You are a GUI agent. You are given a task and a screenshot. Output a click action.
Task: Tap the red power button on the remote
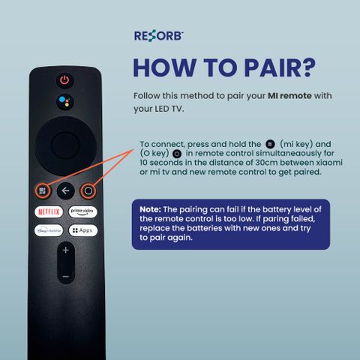(64, 80)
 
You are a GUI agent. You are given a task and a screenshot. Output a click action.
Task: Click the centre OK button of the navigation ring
(65, 145)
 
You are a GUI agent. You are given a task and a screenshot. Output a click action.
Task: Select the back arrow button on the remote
(65, 191)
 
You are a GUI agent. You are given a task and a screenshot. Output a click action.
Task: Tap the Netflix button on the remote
(49, 212)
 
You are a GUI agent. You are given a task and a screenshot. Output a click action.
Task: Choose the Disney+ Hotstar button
(49, 230)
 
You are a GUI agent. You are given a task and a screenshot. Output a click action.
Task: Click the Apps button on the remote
(83, 230)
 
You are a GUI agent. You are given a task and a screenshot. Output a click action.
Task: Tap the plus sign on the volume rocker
(66, 250)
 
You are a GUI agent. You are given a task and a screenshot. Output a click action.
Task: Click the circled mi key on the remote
(43, 191)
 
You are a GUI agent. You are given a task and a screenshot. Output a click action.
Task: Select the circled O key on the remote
(88, 191)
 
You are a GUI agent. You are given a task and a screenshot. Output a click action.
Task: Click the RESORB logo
(159, 36)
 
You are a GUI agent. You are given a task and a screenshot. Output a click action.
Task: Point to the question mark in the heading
(307, 67)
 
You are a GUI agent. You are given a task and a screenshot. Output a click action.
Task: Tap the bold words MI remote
(289, 96)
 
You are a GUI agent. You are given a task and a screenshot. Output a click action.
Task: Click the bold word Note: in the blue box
(150, 209)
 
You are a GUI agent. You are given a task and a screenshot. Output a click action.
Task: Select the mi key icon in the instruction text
(270, 144)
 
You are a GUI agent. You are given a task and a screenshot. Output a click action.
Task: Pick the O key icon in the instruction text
(177, 154)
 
